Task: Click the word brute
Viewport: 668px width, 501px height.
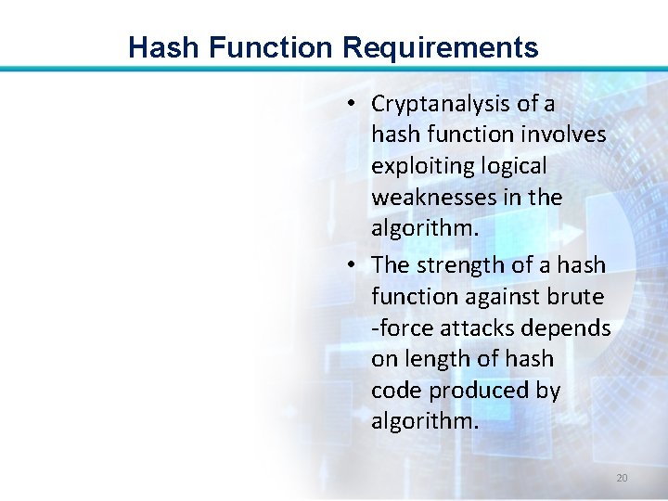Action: pos(580,297)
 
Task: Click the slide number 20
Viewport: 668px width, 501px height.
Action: pos(622,478)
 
